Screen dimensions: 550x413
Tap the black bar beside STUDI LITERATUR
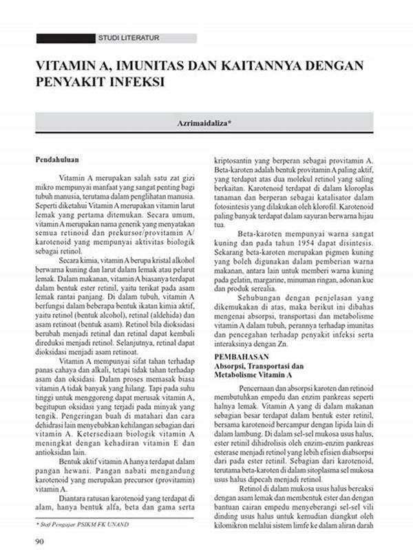(65, 38)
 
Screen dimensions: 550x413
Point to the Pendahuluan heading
(59, 159)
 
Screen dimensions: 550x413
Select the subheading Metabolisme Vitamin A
(254, 376)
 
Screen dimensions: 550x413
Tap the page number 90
(41, 541)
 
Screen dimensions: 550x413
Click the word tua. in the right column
(221, 224)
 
